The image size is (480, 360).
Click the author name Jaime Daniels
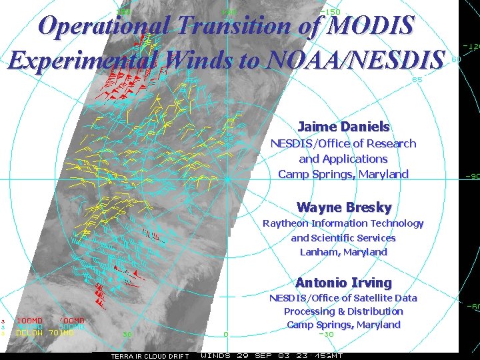343,127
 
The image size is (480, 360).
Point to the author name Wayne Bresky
343,207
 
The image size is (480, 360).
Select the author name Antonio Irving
343,283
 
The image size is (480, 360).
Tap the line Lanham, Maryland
343,252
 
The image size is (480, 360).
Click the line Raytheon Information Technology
343,223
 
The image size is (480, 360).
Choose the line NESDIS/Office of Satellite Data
343,297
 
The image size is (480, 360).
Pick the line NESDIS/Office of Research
343,143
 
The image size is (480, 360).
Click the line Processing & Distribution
343,311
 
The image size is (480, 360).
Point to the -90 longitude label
472,177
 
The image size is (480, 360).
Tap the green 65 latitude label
417,79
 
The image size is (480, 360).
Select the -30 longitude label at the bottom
326,334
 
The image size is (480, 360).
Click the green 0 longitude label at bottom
226,334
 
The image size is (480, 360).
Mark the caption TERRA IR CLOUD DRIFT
149,356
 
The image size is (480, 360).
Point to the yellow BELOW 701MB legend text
44,332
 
